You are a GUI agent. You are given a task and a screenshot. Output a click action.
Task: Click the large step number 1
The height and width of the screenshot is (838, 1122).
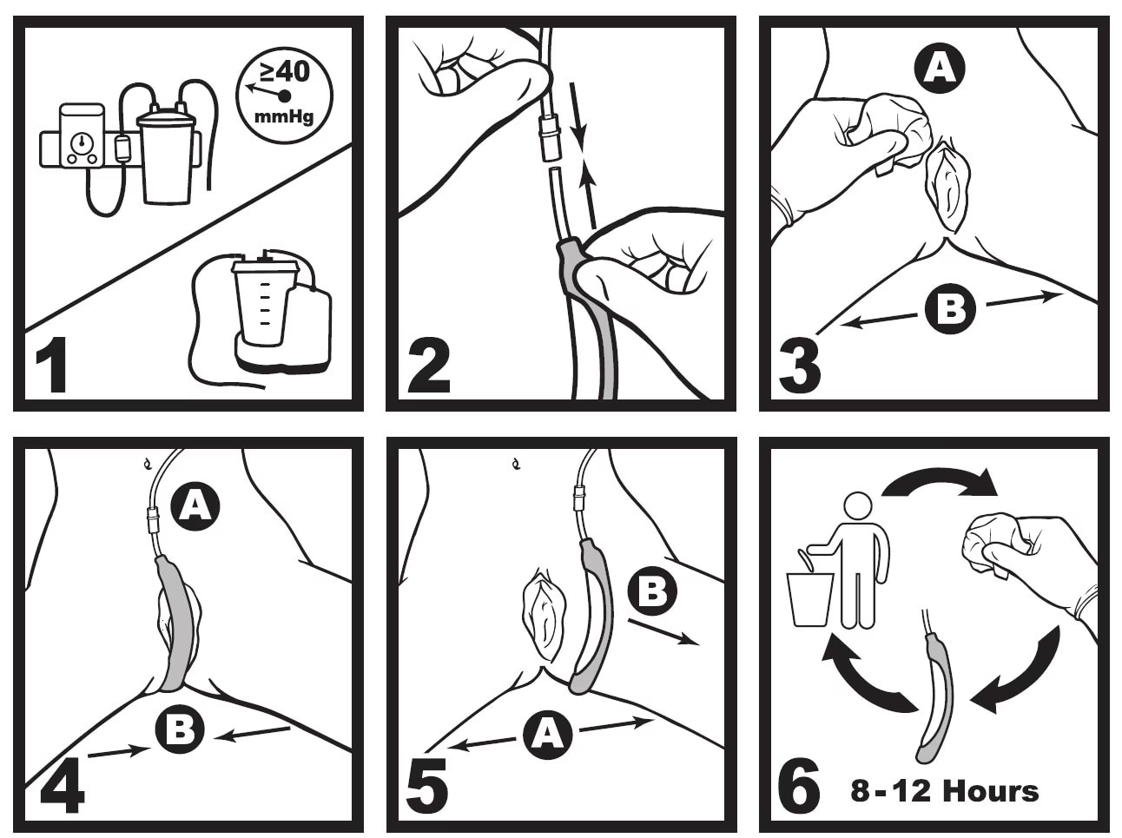point(51,365)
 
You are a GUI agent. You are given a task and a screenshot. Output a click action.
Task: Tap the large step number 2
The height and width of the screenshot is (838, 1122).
point(428,366)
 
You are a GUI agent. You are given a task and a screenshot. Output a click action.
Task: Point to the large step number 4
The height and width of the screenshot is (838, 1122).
point(63,786)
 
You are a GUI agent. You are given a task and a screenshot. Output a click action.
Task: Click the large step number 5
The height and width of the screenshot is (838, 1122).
point(427,786)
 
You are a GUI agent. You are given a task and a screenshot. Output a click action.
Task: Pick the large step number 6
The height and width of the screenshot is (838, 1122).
point(798,786)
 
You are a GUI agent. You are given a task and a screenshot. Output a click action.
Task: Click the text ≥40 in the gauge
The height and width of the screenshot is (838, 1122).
point(284,71)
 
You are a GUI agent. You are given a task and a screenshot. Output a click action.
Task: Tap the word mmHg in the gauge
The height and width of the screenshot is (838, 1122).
point(284,117)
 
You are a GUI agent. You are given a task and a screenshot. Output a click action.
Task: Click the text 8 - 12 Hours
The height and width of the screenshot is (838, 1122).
point(945,791)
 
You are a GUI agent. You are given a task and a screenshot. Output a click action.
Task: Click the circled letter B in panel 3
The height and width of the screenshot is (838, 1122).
point(950,308)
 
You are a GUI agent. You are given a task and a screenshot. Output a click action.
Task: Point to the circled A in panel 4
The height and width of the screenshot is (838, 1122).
point(195,508)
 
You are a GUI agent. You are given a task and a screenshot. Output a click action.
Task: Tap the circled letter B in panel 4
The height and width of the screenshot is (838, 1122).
point(181,728)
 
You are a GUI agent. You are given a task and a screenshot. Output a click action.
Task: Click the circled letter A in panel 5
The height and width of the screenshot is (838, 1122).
point(547,735)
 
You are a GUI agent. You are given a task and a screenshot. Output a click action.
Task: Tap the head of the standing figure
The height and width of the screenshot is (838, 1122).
point(858,506)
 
